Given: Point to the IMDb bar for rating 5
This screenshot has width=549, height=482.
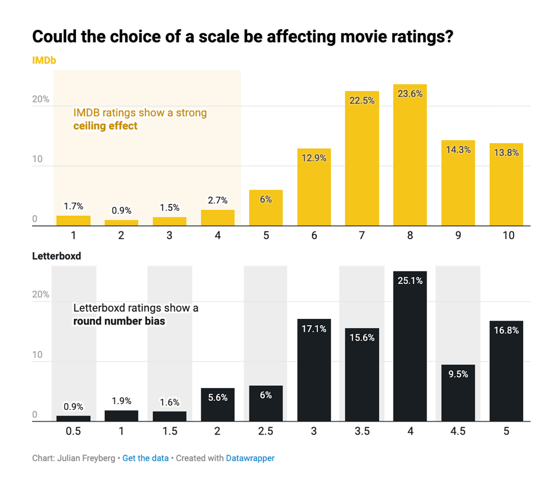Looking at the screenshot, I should [x=265, y=208].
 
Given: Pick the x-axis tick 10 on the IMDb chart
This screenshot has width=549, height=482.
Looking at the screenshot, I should [x=506, y=235].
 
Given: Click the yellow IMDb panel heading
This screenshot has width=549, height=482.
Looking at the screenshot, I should [x=44, y=60].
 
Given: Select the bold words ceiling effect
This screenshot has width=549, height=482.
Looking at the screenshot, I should [x=105, y=125].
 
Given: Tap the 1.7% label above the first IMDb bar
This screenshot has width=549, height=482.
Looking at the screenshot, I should [x=73, y=206].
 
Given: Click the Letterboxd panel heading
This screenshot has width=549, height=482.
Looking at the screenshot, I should [x=57, y=256].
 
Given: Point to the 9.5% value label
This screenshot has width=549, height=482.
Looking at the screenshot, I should [x=458, y=374].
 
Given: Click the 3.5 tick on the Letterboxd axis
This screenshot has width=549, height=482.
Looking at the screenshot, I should [x=361, y=431].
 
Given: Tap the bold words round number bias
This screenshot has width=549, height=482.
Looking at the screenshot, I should [x=119, y=321].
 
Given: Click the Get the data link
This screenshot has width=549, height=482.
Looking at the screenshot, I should [x=145, y=459].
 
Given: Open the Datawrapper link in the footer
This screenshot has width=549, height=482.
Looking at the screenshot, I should [x=250, y=459].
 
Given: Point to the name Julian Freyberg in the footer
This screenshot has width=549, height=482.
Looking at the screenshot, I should [x=89, y=459].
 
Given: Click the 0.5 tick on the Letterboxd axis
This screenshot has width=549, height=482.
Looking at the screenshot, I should [x=73, y=431].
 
